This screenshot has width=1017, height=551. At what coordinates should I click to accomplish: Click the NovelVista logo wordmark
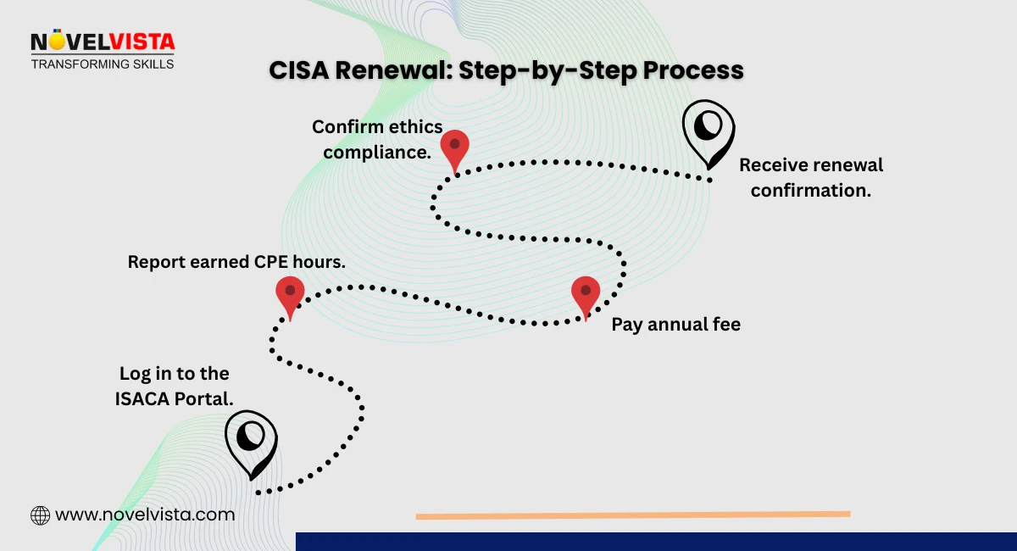pyautogui.click(x=103, y=42)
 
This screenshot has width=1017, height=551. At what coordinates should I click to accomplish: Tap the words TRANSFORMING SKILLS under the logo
pyautogui.click(x=103, y=64)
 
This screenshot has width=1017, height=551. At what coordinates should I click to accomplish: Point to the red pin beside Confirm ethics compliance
pyautogui.click(x=454, y=149)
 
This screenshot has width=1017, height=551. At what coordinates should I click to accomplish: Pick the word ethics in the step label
pyautogui.click(x=411, y=127)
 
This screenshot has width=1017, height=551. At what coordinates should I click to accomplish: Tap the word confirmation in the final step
pyautogui.click(x=810, y=190)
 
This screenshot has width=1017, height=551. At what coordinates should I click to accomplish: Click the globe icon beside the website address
pyautogui.click(x=40, y=515)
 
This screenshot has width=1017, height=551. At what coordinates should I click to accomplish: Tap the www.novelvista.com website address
pyautogui.click(x=145, y=515)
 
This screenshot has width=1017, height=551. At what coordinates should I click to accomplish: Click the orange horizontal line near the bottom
pyautogui.click(x=632, y=515)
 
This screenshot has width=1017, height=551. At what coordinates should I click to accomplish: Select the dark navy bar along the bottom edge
pyautogui.click(x=656, y=542)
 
